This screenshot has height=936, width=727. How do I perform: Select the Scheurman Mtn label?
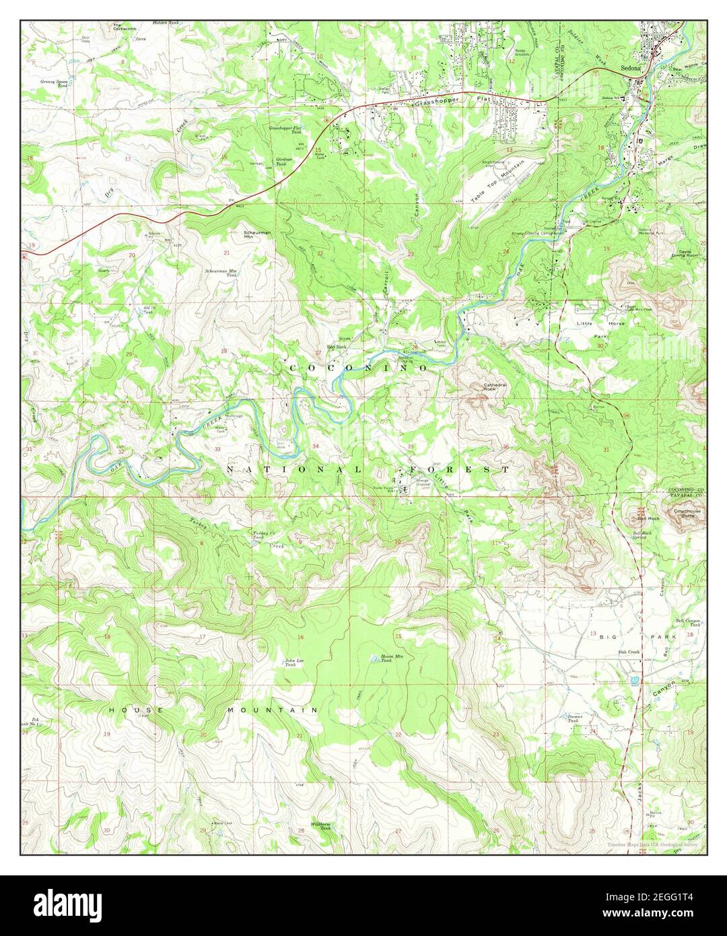[x=256, y=234]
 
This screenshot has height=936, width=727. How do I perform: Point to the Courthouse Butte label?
[x=687, y=513]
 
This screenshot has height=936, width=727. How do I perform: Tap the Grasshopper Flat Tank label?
[x=285, y=129]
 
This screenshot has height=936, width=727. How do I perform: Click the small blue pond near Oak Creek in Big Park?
[x=635, y=680]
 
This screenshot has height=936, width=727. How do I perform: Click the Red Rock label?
[x=336, y=347]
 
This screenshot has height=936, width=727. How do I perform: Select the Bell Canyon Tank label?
[x=693, y=623]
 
